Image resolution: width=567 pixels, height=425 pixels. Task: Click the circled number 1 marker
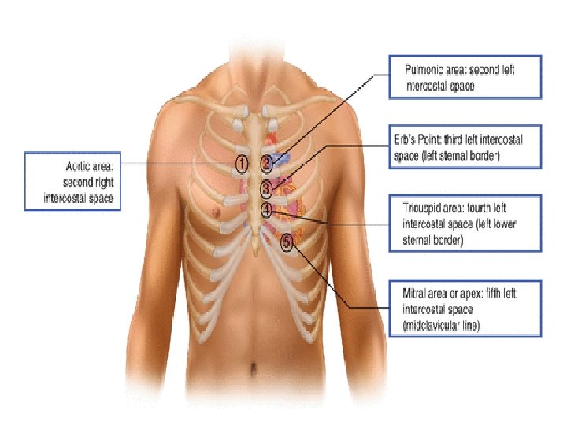(x=242, y=163)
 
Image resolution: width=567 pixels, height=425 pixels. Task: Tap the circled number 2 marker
(x=267, y=163)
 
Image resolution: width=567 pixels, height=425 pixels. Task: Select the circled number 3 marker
(x=267, y=188)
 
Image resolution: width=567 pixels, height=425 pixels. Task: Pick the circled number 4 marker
(x=267, y=210)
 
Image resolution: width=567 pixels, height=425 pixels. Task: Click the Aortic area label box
(x=73, y=182)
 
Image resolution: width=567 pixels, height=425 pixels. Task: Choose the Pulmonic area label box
(x=465, y=76)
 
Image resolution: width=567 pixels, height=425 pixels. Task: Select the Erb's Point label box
(x=465, y=146)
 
